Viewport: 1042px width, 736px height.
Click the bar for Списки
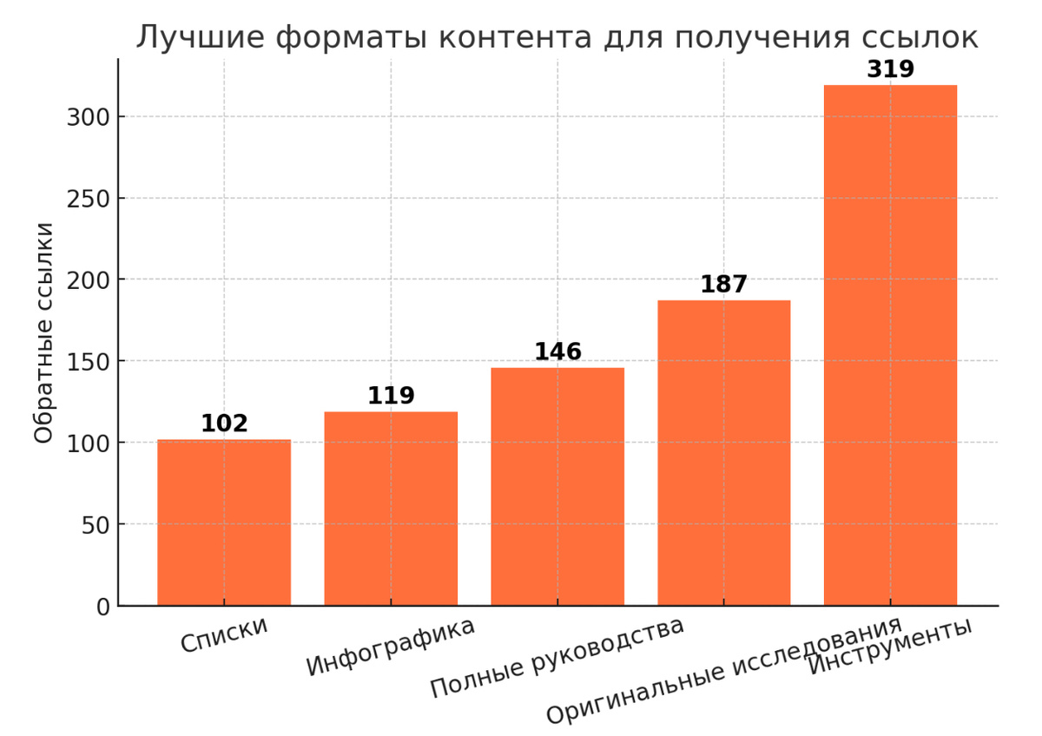(224, 522)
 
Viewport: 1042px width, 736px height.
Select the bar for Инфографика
(391, 509)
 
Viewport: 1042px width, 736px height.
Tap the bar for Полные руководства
(557, 487)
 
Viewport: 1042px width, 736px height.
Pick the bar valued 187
(724, 453)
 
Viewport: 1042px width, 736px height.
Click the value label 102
(224, 424)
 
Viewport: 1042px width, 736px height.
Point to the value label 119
(391, 396)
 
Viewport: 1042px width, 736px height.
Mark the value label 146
(557, 352)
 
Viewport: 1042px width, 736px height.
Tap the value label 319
(890, 69)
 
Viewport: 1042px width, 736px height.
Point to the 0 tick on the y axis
(102, 607)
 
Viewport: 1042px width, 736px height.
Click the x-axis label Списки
(224, 636)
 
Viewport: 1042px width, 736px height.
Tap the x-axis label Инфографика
(391, 647)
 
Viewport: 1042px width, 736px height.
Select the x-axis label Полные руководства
(557, 659)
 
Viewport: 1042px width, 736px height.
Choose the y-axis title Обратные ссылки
(44, 333)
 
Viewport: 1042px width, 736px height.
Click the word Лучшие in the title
(192, 37)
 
